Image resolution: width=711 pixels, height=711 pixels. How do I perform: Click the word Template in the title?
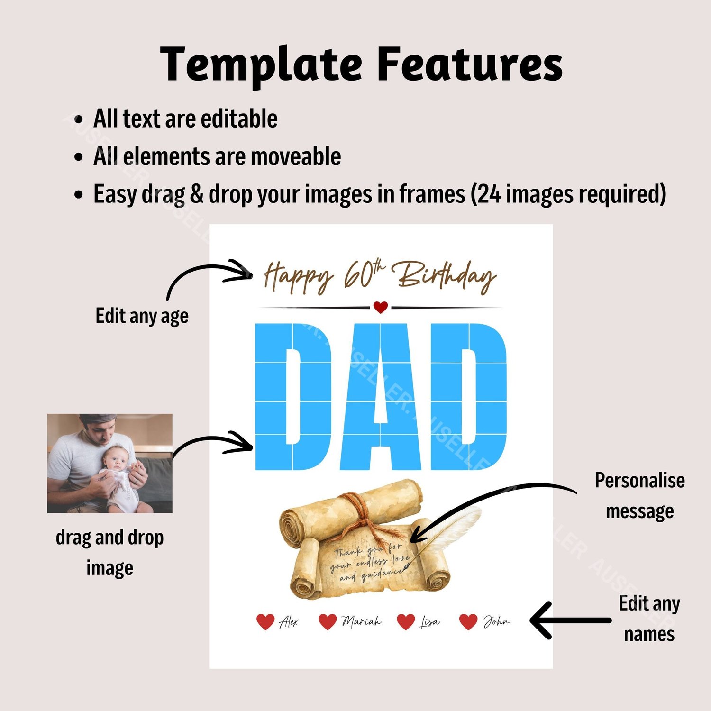click(261, 65)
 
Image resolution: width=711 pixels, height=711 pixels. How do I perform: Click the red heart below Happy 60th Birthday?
click(381, 307)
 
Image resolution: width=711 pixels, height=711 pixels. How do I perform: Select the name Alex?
click(289, 621)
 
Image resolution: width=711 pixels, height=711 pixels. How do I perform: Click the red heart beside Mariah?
click(328, 621)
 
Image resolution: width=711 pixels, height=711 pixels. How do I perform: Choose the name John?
click(496, 621)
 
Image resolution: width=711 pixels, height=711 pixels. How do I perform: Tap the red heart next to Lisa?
click(406, 621)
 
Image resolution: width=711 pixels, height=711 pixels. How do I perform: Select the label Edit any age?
click(142, 316)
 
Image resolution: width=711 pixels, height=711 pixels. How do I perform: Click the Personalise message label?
click(640, 496)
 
